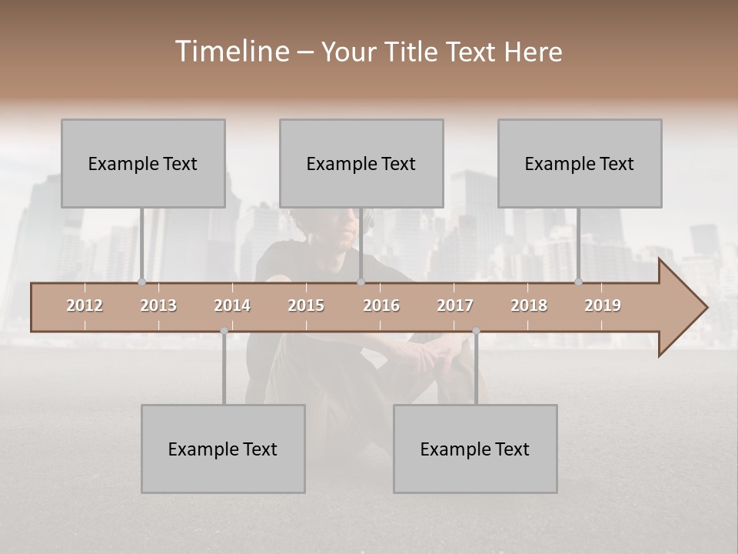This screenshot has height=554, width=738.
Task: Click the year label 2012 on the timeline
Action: pyautogui.click(x=85, y=305)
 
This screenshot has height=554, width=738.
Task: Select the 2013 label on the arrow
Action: pyautogui.click(x=158, y=305)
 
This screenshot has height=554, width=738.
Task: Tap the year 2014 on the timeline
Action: pyautogui.click(x=232, y=305)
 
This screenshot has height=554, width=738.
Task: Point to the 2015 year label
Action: pyautogui.click(x=306, y=305)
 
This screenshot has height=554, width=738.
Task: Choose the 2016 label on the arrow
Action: pyautogui.click(x=381, y=305)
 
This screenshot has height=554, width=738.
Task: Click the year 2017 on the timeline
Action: pyautogui.click(x=455, y=305)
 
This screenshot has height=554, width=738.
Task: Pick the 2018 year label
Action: pyautogui.click(x=529, y=305)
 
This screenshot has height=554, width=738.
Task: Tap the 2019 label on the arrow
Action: pyautogui.click(x=603, y=305)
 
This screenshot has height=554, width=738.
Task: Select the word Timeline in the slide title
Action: pyautogui.click(x=231, y=52)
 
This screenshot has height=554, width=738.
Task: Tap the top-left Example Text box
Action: pyautogui.click(x=143, y=163)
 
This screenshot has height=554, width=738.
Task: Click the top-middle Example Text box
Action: pyautogui.click(x=361, y=163)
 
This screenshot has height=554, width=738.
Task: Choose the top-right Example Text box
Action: pyautogui.click(x=580, y=163)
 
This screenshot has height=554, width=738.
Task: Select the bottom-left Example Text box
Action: pyautogui.click(x=223, y=449)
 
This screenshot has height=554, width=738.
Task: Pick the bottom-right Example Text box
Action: pyautogui.click(x=475, y=449)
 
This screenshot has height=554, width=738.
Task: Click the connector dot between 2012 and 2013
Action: pyautogui.click(x=141, y=282)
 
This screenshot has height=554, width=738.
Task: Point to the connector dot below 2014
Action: pyautogui.click(x=224, y=331)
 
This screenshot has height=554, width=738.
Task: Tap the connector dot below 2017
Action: pyautogui.click(x=476, y=331)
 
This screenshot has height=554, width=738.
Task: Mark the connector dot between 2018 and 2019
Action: pyautogui.click(x=578, y=282)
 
